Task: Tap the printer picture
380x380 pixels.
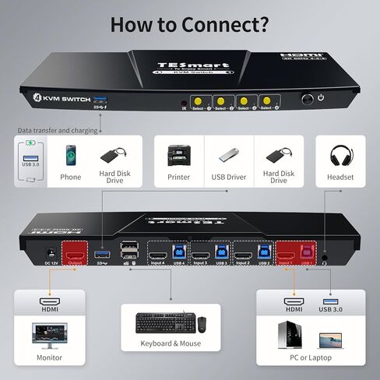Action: pyautogui.click(x=179, y=155)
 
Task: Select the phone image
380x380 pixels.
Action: pyautogui.click(x=70, y=154)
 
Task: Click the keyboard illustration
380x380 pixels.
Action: pyautogui.click(x=162, y=321)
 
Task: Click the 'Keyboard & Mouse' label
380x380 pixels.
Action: pyautogui.click(x=170, y=343)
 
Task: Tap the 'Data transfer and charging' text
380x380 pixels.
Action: pyautogui.click(x=58, y=130)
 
